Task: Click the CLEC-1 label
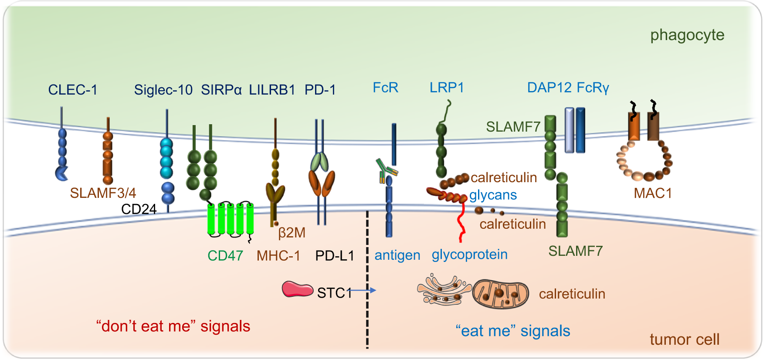point(73,90)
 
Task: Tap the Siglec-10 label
point(163,90)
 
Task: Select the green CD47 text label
point(225,255)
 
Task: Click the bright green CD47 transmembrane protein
point(231,219)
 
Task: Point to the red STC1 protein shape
point(297,289)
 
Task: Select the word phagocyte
point(687,35)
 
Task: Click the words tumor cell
point(684,339)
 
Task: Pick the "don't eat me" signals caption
point(173,326)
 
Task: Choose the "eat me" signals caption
point(513,331)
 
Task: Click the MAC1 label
point(652,193)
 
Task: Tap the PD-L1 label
point(334,255)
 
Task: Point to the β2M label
point(292,233)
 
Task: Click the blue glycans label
point(493,195)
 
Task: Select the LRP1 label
point(447,88)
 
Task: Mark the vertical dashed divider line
point(367,279)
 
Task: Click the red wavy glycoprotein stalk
point(461,222)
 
